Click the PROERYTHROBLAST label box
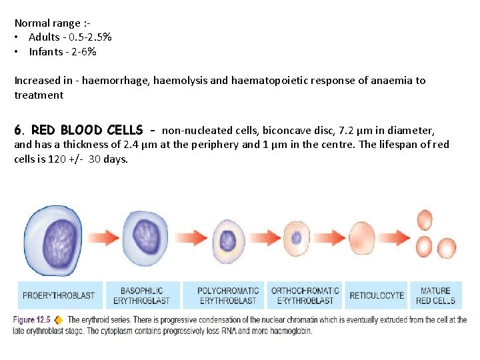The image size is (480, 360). (x=59, y=295)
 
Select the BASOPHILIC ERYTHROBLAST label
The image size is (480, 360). (x=141, y=295)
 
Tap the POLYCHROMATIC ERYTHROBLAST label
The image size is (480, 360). (x=228, y=295)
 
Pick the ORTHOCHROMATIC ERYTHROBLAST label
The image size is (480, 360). (x=305, y=295)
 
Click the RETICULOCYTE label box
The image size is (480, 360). (x=377, y=295)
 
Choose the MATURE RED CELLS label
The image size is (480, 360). (x=435, y=295)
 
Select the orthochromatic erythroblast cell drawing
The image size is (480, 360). (x=296, y=238)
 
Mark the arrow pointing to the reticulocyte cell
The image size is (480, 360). (x=330, y=238)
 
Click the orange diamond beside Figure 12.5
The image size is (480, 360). (x=59, y=320)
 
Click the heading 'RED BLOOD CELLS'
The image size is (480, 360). (x=87, y=130)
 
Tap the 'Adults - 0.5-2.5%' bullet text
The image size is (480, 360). (x=70, y=37)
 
